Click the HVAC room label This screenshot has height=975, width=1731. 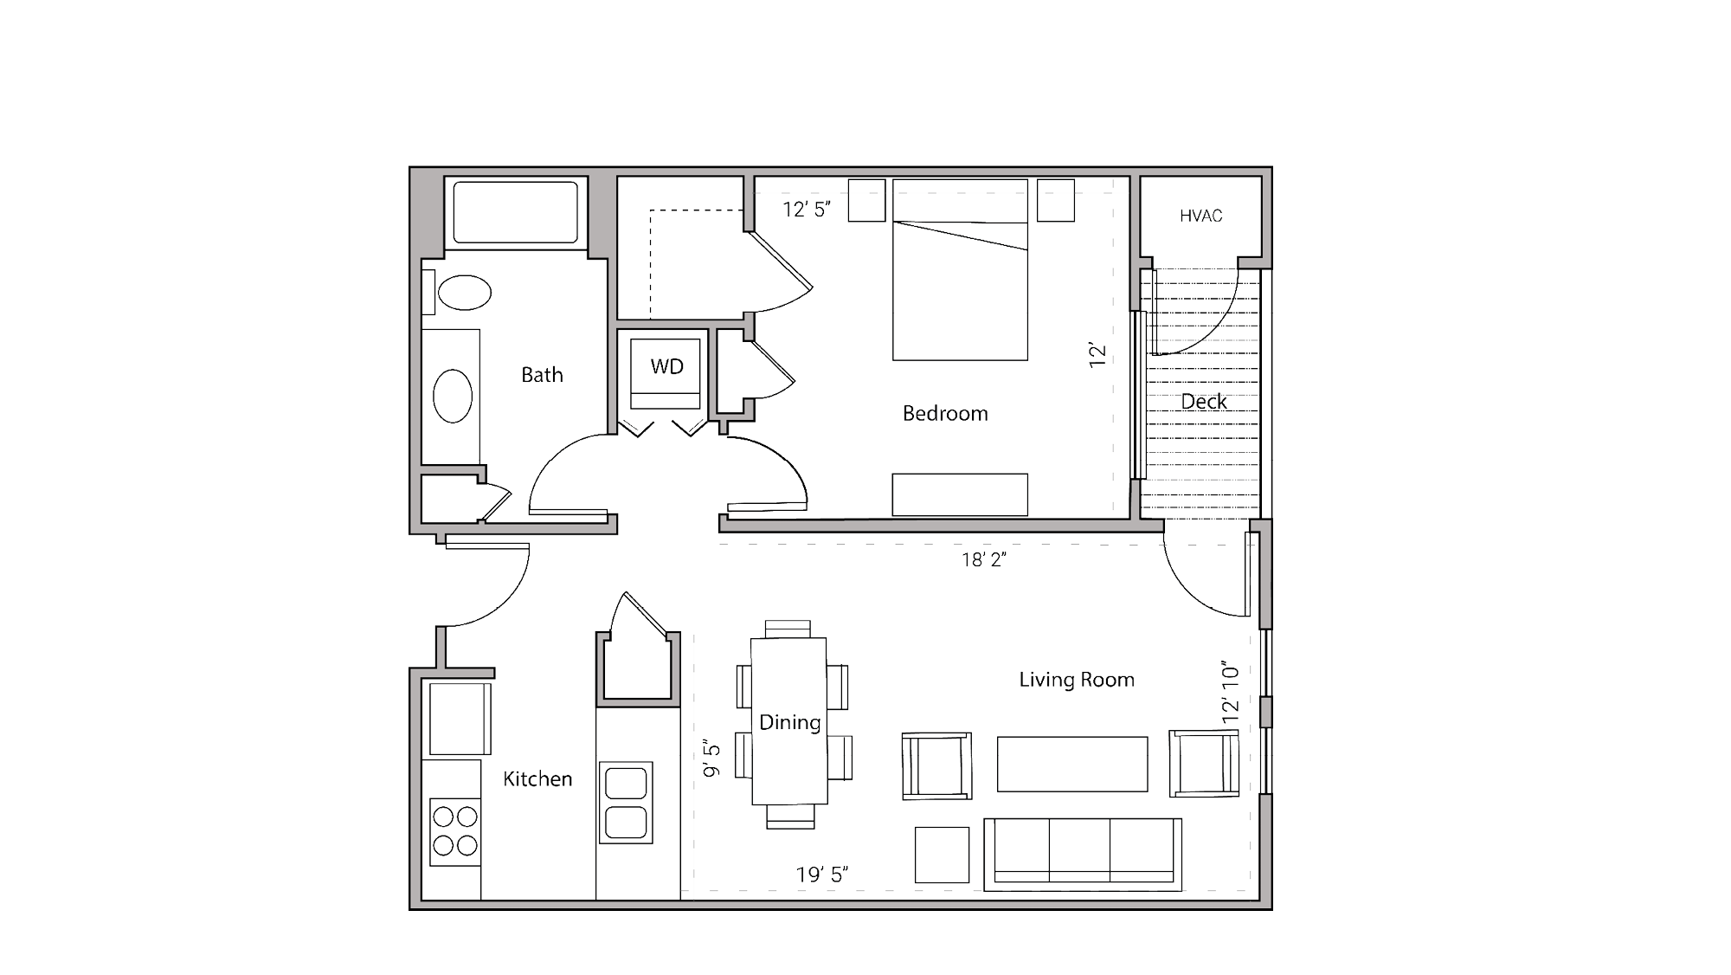tap(1200, 216)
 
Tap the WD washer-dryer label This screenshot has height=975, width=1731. tap(666, 366)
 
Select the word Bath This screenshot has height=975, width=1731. tap(542, 375)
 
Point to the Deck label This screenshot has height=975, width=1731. tap(1204, 402)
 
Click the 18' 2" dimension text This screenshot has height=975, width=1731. tap(984, 560)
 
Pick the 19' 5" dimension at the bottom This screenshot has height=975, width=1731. tap(822, 875)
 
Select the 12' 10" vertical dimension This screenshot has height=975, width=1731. tap(1231, 694)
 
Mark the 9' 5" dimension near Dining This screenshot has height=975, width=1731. tap(711, 759)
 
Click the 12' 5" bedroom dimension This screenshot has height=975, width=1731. tap(807, 210)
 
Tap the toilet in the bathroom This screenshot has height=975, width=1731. tap(463, 293)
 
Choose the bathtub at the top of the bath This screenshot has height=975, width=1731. tap(516, 212)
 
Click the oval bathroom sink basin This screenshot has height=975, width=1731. tap(452, 396)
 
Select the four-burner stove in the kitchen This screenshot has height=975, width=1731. tap(455, 831)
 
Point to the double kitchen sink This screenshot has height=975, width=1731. tap(626, 803)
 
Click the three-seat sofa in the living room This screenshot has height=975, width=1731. tap(1083, 855)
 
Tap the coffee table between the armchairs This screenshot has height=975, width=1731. tap(1072, 764)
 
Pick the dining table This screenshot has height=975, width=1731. tap(788, 721)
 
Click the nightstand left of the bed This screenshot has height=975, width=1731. tap(866, 201)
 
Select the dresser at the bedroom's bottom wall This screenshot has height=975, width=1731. tap(960, 494)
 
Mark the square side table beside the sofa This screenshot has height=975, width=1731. tap(942, 855)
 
